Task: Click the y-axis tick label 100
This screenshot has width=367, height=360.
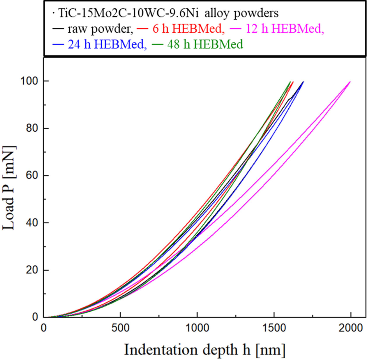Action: coord(29,81)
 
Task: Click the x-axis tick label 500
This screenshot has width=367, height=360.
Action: coord(120,328)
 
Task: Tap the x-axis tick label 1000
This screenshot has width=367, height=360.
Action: coord(197,328)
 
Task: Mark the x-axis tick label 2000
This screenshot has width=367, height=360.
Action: coord(351,328)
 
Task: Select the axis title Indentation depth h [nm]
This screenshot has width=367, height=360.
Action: coord(204,350)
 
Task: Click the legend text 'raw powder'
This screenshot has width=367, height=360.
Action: coord(100,29)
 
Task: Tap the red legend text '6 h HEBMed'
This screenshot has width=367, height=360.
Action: coord(188,29)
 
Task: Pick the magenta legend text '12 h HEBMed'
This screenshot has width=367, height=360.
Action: coord(285,29)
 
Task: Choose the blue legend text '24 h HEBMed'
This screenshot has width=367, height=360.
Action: coord(107,44)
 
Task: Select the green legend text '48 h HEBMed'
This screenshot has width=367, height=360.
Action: coord(205,44)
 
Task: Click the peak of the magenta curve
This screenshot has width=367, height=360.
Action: coord(350,82)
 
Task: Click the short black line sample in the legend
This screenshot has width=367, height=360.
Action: coord(58,29)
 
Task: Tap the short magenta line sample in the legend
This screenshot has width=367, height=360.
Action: coord(235,29)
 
